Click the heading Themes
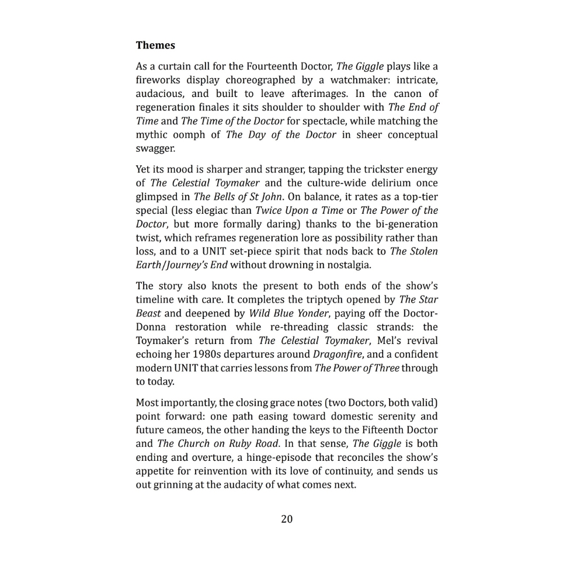pyautogui.click(x=155, y=45)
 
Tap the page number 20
pyautogui.click(x=287, y=519)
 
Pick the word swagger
pyautogui.click(x=155, y=148)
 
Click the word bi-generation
pyautogui.click(x=399, y=224)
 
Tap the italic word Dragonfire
pyautogui.click(x=335, y=354)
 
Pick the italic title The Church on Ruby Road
pyautogui.click(x=218, y=444)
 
